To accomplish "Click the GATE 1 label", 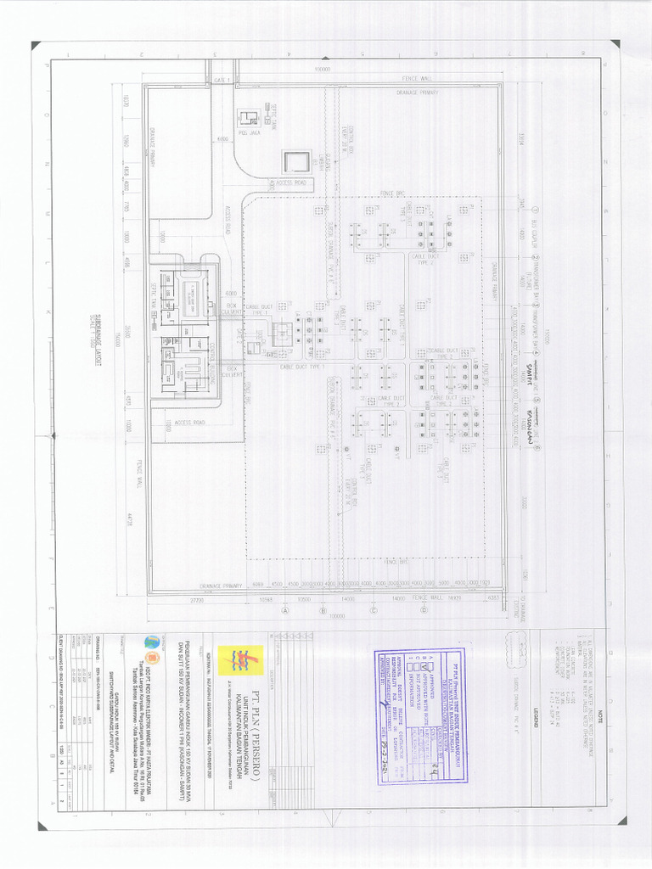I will pyautogui.click(x=223, y=79).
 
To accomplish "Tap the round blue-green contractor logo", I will pyautogui.click(x=152, y=642).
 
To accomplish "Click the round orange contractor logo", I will pyautogui.click(x=152, y=659).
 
